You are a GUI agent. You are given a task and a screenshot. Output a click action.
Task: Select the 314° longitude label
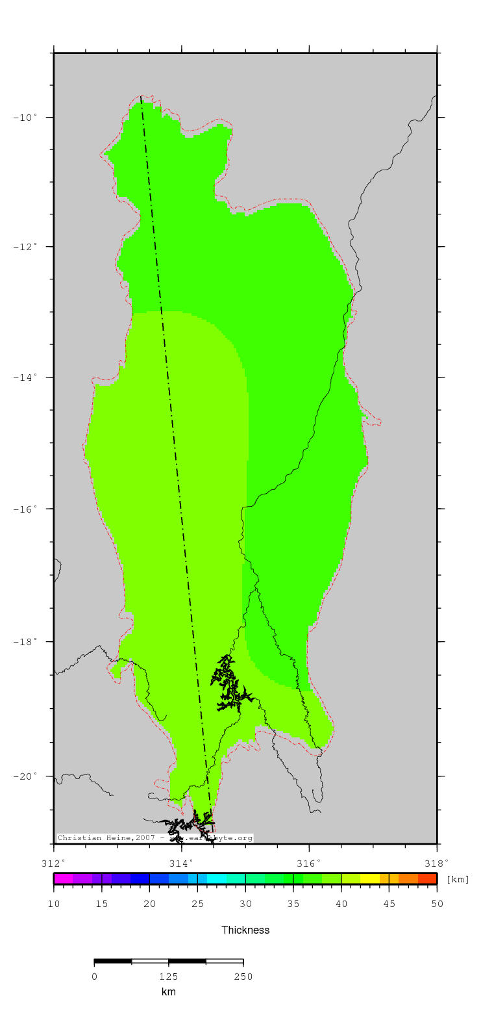[x=182, y=863]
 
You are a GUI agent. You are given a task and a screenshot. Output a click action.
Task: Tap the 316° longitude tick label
[x=310, y=863]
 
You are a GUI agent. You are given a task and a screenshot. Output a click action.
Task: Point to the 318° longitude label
[x=437, y=863]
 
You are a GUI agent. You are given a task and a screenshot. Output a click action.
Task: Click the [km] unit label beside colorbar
[x=458, y=880]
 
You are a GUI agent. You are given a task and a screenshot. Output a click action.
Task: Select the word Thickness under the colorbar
[x=245, y=930]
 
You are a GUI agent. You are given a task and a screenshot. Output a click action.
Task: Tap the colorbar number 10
[x=54, y=904]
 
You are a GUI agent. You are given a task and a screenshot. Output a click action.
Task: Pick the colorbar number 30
[x=245, y=904]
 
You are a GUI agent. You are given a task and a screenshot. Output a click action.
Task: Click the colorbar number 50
[x=437, y=904]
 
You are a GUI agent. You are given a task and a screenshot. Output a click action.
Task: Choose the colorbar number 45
[x=389, y=904]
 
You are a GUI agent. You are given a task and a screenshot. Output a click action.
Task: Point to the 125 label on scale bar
[x=169, y=977]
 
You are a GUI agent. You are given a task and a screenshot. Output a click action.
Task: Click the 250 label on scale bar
[x=243, y=977]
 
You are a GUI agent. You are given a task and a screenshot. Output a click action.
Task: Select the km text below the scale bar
[x=169, y=992]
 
